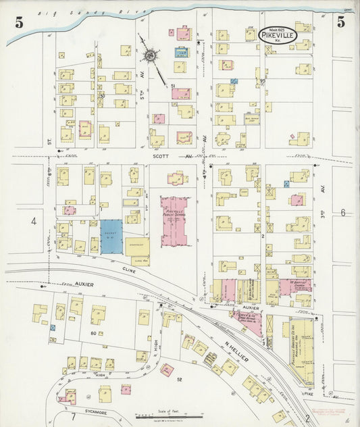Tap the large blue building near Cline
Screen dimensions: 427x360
(111, 236)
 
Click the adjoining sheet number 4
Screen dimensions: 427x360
(32, 221)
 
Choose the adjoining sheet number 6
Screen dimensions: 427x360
(342, 213)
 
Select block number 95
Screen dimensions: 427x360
(261, 81)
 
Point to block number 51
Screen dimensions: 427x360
(174, 85)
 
